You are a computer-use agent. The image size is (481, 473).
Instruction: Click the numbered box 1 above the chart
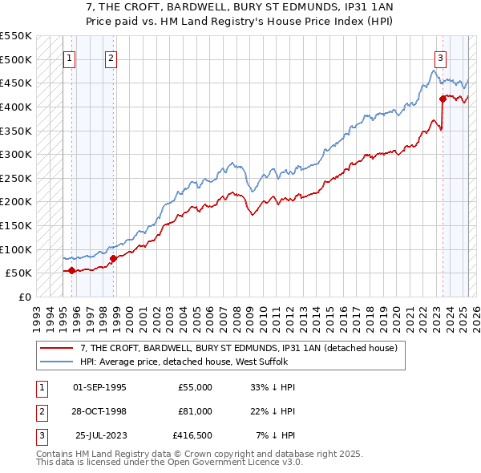[x=70, y=58]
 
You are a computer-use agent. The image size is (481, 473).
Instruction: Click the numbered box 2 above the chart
[x=111, y=58]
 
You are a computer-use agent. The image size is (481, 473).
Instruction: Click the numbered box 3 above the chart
[x=441, y=58]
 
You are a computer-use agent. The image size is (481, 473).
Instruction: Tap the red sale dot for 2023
[x=443, y=99]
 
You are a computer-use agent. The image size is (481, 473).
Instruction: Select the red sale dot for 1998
[x=113, y=258]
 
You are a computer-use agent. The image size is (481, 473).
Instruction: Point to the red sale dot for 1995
[x=71, y=270]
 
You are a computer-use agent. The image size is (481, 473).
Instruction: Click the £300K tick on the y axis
[x=16, y=154]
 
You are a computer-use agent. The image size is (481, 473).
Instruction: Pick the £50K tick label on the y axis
[x=18, y=273]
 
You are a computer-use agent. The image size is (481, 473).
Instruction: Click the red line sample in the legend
[x=56, y=349]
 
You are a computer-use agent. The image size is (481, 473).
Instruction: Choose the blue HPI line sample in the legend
[x=56, y=362]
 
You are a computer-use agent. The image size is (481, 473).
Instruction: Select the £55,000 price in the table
[x=195, y=387]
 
